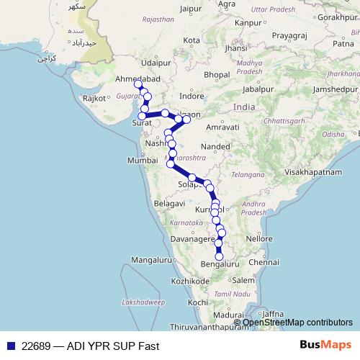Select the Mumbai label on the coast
coord(141,161)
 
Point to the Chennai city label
coord(264,262)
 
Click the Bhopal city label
coord(216,74)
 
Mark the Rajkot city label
coord(95,97)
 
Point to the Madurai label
coord(229,315)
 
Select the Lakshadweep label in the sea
coord(140,303)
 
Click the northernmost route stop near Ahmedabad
coord(138,85)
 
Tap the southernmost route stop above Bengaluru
coord(219,256)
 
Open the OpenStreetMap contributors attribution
coord(297,323)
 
